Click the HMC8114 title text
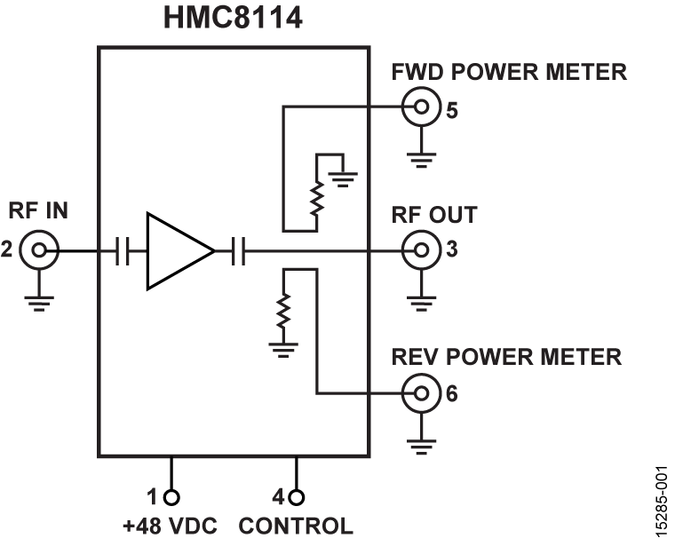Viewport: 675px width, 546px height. tap(233, 19)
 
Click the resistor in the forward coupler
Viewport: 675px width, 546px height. tap(314, 201)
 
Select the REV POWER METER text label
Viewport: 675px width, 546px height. tap(506, 357)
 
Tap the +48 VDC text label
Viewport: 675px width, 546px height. tap(168, 526)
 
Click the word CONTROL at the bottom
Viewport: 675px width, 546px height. tap(296, 526)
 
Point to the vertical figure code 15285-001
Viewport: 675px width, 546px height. tap(659, 502)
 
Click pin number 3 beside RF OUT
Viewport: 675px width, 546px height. tap(453, 251)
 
